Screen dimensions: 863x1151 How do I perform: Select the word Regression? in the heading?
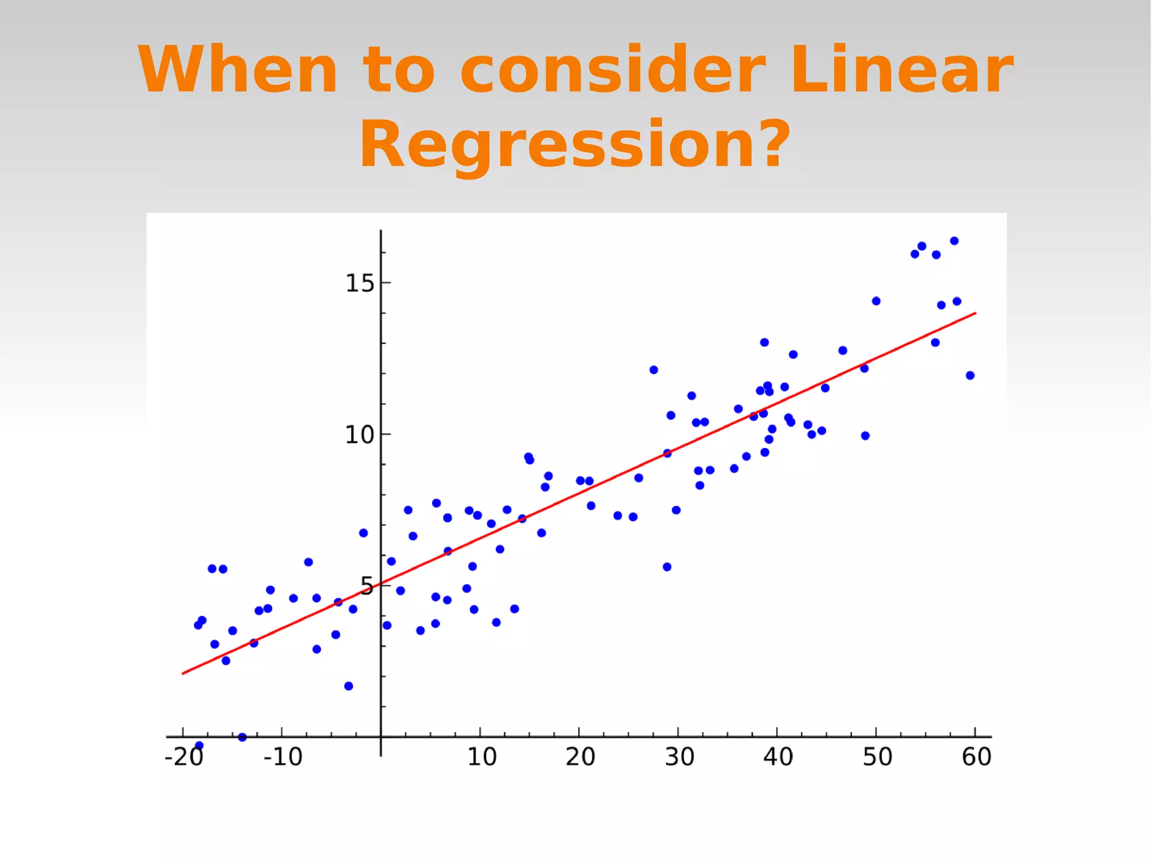(574, 145)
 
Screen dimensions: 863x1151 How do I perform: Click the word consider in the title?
(613, 70)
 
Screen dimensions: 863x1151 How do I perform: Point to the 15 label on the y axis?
(360, 283)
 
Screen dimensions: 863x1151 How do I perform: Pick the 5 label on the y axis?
(366, 587)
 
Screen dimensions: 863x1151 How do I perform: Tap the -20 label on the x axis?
(184, 757)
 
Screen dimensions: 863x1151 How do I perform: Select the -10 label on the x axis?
(283, 757)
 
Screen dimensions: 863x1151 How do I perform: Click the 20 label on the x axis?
(580, 757)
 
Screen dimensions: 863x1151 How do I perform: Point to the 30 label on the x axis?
(679, 757)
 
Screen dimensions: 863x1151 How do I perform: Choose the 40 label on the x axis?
(778, 757)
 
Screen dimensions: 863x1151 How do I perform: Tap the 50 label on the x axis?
(877, 757)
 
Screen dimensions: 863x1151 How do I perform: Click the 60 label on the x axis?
(976, 757)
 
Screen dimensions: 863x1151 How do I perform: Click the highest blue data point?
(954, 241)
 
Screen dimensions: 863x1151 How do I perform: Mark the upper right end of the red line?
(975, 313)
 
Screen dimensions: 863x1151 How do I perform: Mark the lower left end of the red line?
(183, 673)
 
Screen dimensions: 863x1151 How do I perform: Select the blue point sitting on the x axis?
(242, 737)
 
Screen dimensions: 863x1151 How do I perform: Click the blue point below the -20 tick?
(199, 745)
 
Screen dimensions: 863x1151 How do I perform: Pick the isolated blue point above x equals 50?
(876, 301)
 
